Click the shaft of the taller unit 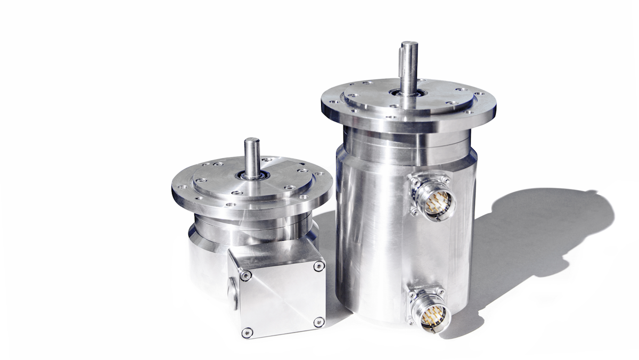(409, 69)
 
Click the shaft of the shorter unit (251, 157)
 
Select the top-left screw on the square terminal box (245, 275)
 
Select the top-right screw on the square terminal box (319, 266)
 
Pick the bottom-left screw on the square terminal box (245, 332)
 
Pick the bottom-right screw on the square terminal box (318, 322)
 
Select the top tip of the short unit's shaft (251, 140)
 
